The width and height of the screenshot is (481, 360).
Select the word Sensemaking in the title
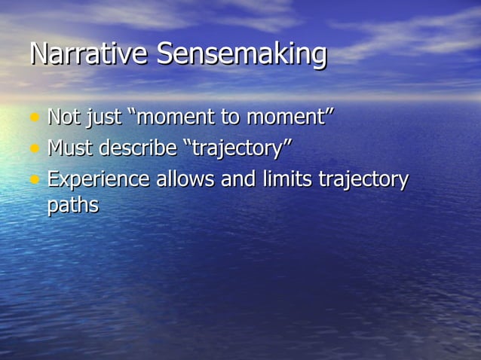pyautogui.click(x=242, y=55)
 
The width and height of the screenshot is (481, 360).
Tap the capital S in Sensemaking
pyautogui.click(x=167, y=55)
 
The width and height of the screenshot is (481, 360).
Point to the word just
pyautogui.click(x=108, y=119)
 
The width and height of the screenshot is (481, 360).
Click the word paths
pyautogui.click(x=72, y=205)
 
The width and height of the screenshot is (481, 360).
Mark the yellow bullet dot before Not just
pyautogui.click(x=34, y=119)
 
